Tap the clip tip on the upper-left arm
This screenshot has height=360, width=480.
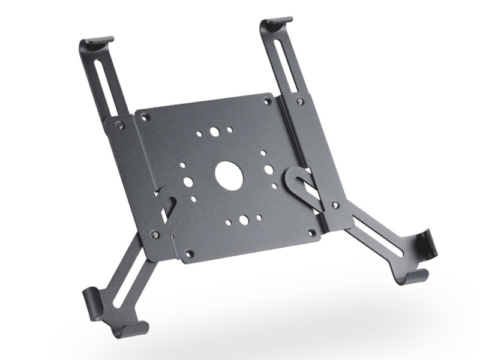pyautogui.click(x=98, y=43)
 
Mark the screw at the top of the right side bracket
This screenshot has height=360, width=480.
pyautogui.click(x=299, y=101)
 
